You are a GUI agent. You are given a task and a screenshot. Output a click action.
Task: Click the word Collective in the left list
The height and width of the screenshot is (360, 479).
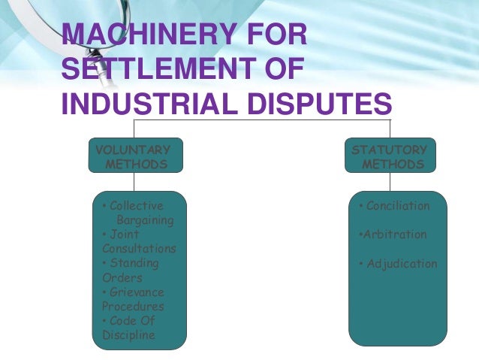136,206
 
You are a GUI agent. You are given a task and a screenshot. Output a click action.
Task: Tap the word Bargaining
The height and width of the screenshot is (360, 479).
145,220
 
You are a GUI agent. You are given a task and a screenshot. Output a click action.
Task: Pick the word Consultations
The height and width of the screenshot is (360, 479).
139,249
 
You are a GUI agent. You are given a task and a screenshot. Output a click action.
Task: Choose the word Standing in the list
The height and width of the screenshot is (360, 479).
134,263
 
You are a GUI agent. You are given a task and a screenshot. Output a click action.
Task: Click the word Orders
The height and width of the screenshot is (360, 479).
117,277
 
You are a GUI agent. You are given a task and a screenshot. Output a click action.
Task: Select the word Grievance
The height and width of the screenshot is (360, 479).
136,292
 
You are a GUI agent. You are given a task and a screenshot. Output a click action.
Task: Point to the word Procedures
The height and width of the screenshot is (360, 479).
133,306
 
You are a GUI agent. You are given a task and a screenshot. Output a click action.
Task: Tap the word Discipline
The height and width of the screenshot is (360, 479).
128,334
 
